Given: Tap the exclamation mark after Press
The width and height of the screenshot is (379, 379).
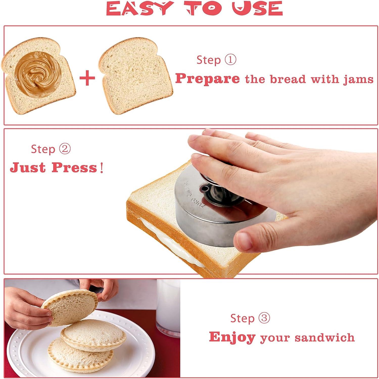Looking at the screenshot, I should (102, 167).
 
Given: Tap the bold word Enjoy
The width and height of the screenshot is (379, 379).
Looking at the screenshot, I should (232, 337).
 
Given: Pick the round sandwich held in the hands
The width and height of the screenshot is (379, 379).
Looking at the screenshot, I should (69, 307).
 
